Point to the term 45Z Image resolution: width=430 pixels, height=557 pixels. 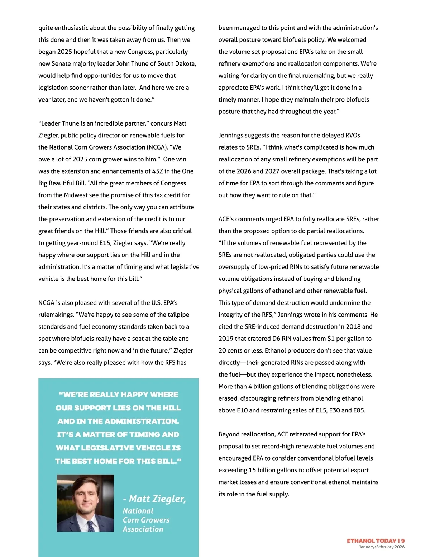[158, 171]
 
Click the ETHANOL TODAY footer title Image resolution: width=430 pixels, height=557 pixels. [371, 541]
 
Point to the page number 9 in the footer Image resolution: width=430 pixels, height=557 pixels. [403, 541]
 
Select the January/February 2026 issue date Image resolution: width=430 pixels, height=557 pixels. [382, 547]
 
